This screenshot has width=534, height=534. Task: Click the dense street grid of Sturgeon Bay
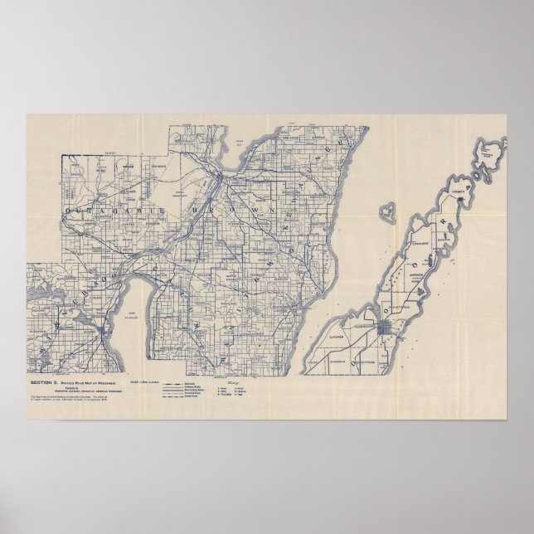coord(384,328)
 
